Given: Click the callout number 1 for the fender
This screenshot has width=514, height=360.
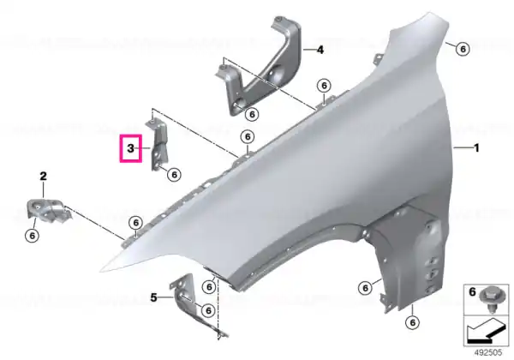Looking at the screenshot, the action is tap(476, 148).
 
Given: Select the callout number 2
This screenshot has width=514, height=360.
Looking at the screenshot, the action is tap(44, 177).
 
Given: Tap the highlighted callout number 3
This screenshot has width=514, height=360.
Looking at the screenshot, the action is tap(131, 148).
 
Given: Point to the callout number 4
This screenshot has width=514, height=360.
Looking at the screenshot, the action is tap(320, 50).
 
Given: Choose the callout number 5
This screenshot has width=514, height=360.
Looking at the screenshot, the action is tap(153, 297).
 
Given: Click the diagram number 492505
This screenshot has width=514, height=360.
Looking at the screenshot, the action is tap(488, 352).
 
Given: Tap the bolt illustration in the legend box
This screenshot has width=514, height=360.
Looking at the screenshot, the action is tap(488, 299).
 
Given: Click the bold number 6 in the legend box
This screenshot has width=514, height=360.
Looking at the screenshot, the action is tap(472, 291).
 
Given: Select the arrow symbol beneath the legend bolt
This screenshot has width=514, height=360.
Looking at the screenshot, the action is tap(484, 332).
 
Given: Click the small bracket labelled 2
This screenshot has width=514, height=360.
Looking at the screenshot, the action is tap(47, 209).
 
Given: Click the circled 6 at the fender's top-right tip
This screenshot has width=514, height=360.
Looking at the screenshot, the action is tap(463, 49).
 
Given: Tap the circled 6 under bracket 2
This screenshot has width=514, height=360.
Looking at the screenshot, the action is tap(33, 236).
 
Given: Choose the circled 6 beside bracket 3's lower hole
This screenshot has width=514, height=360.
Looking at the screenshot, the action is tap(174, 174).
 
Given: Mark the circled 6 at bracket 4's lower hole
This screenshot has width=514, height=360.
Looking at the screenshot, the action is tap(252, 114).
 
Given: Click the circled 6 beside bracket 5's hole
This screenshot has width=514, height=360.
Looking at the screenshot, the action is tap(208, 310).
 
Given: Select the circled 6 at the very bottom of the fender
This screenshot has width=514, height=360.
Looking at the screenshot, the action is tap(412, 322).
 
